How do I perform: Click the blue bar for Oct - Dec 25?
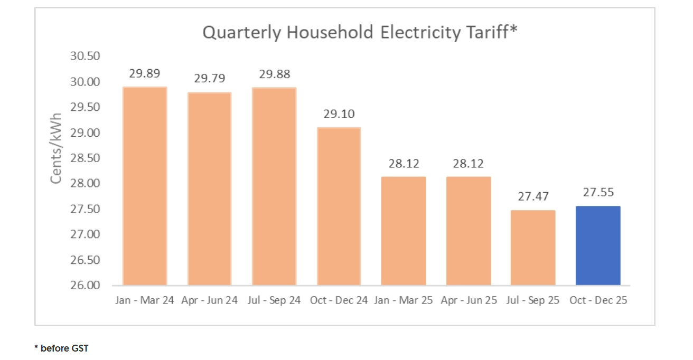[598, 245]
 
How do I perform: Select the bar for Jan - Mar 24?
[145, 186]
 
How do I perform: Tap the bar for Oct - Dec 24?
[339, 206]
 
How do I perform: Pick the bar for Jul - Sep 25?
[533, 248]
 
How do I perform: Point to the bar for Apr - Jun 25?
[469, 231]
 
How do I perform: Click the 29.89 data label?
[145, 73]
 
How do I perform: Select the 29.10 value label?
[339, 114]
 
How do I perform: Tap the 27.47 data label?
[533, 196]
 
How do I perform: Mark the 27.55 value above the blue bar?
[598, 193]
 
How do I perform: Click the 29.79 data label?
[209, 79]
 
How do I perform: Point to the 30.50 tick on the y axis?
[85, 56]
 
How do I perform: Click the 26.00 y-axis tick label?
[85, 286]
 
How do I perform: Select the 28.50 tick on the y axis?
[85, 158]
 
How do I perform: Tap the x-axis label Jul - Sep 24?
[274, 300]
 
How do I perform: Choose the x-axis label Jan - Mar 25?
[404, 300]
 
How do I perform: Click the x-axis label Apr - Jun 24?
[209, 300]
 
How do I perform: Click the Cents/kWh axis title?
[57, 148]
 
